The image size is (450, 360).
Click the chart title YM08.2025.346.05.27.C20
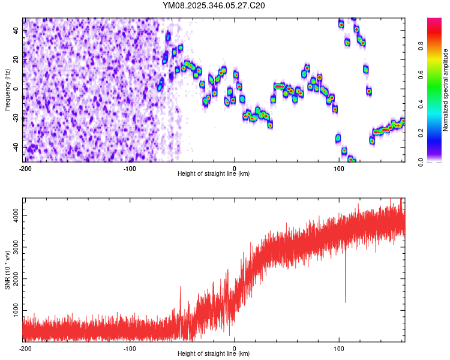click(x=214, y=5)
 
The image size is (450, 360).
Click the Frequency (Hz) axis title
click(x=7, y=89)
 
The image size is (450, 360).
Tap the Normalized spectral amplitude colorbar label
click(x=446, y=90)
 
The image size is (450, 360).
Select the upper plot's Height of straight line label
click(x=214, y=174)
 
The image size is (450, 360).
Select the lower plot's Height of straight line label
click(x=214, y=354)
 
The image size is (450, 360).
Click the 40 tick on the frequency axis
click(x=16, y=30)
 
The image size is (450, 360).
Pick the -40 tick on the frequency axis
click(x=15, y=147)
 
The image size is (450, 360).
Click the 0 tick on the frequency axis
click(x=19, y=89)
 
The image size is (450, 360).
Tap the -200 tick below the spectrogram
click(x=25, y=169)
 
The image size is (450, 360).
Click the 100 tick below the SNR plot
click(x=339, y=349)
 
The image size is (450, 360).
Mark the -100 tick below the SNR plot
click(x=130, y=349)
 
